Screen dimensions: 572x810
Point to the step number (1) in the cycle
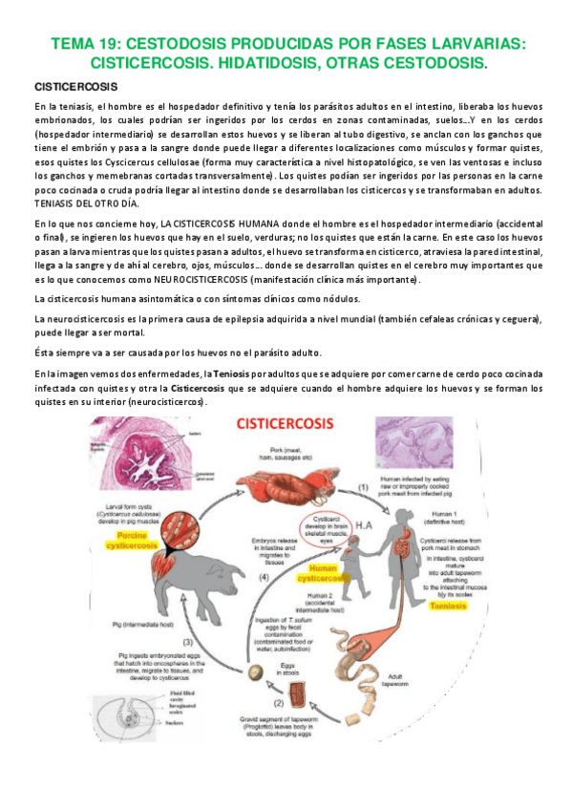364,488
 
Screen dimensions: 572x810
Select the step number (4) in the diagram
292,578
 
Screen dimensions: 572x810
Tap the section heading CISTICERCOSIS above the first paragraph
74,87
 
